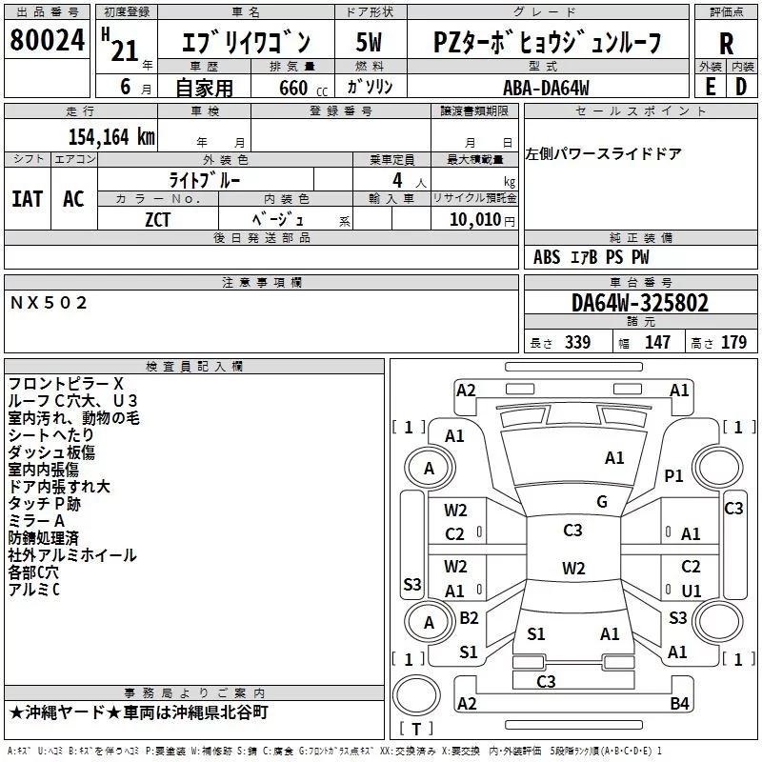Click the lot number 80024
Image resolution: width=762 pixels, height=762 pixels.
[x=47, y=40]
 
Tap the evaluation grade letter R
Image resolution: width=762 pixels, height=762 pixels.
[x=726, y=44]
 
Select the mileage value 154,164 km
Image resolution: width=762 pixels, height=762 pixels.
[x=111, y=136]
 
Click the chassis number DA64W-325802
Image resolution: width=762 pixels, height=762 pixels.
[x=640, y=302]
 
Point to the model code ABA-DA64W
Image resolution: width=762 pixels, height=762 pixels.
[x=546, y=88]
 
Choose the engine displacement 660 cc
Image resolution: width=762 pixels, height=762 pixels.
[x=303, y=88]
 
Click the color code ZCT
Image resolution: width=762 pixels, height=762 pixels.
[x=157, y=220]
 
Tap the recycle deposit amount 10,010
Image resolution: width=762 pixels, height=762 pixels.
[x=474, y=219]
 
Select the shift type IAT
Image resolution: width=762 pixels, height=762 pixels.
[x=27, y=199]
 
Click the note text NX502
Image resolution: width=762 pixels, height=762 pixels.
[x=49, y=303]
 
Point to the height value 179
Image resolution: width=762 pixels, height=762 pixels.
[x=733, y=342]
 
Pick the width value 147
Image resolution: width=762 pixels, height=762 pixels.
[x=657, y=342]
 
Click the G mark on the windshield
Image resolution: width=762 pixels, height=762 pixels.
[x=602, y=502]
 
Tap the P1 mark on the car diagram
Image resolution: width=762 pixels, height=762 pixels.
[x=673, y=475]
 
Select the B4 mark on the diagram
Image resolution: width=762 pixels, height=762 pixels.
[x=679, y=703]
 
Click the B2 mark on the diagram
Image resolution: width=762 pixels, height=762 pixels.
[x=469, y=617]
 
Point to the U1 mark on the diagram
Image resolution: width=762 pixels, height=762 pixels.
[x=692, y=591]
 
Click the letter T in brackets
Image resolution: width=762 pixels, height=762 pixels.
[x=416, y=729]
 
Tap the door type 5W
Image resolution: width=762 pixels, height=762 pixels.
[x=369, y=43]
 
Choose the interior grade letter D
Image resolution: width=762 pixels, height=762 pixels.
[x=741, y=87]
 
